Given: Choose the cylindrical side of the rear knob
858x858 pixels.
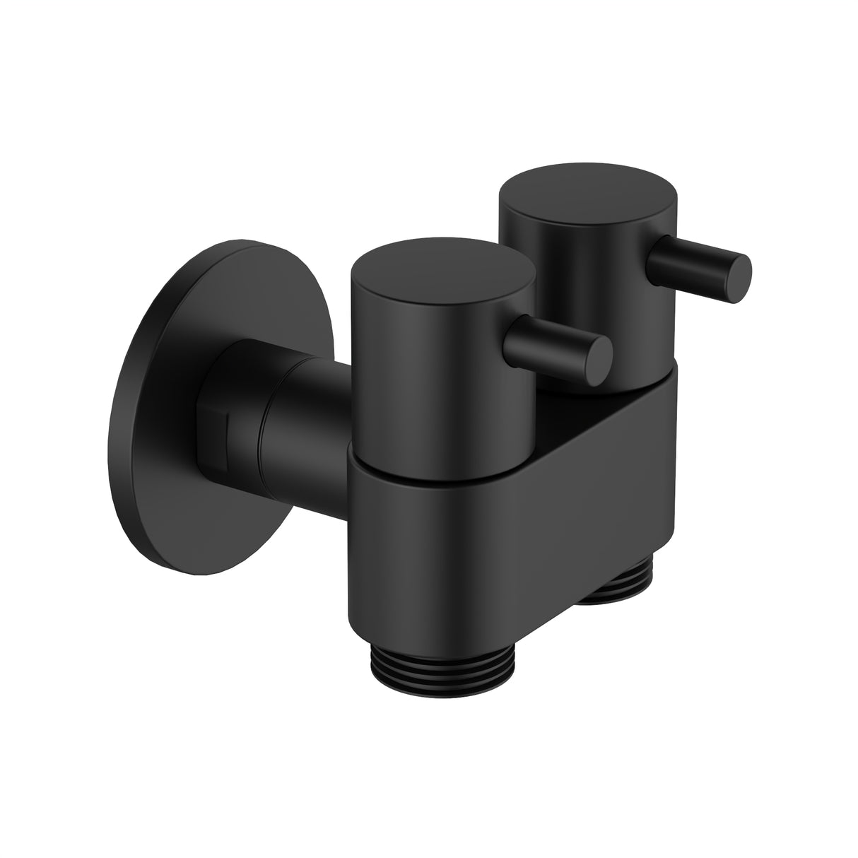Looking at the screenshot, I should tap(572, 283).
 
